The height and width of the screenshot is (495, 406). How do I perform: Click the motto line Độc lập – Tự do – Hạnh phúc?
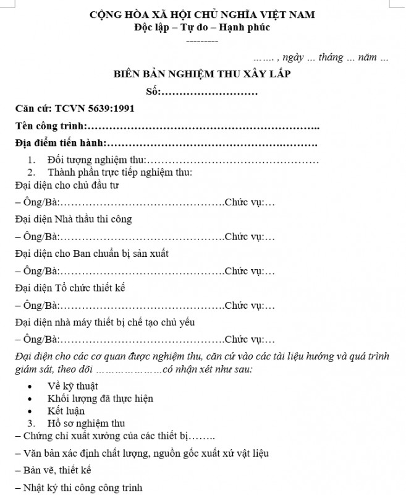click(202, 27)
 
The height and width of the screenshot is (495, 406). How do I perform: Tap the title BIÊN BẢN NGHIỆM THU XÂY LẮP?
click(202, 75)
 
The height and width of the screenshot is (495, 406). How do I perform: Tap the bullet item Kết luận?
click(66, 411)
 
